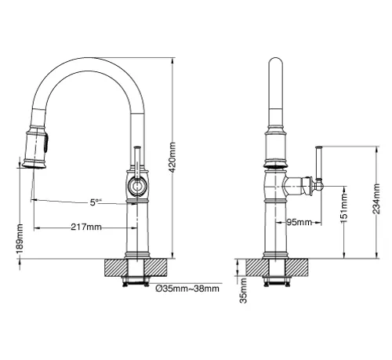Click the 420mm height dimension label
(172, 157)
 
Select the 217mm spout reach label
(86, 227)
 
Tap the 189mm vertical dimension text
(20, 238)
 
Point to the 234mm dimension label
(376, 198)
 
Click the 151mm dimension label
(344, 208)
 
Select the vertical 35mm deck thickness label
(243, 290)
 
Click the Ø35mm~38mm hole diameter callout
(187, 289)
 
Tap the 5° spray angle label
(95, 202)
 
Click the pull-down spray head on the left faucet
(35, 147)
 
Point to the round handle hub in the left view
(136, 186)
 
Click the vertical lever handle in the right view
(318, 162)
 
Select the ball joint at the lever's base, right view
(318, 185)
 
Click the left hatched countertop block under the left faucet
(115, 267)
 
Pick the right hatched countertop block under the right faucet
(296, 267)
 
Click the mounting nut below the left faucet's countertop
(136, 281)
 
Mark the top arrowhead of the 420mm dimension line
(172, 61)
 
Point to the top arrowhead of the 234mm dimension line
(376, 150)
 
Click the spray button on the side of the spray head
(46, 143)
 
